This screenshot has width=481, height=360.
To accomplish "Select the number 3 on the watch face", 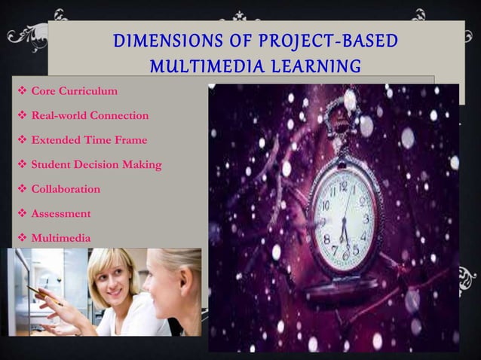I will [x=366, y=219].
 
